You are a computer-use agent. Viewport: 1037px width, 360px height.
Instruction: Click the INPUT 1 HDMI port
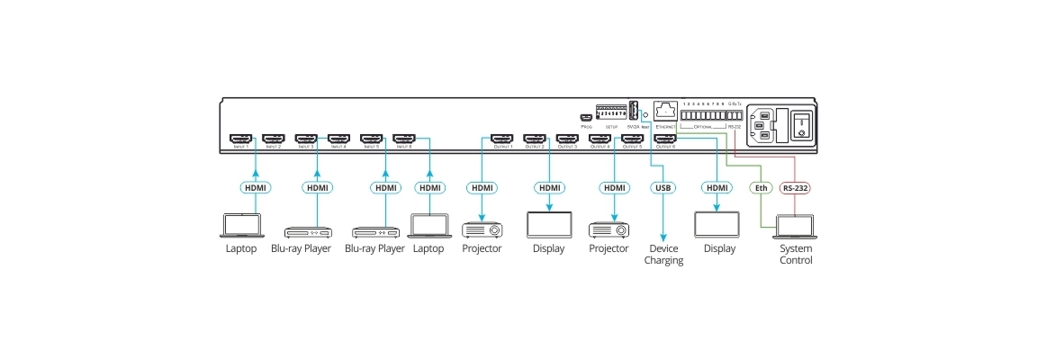(240, 139)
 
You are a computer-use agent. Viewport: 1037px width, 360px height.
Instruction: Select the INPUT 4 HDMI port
(338, 139)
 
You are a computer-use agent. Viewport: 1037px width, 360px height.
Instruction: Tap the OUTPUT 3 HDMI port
(567, 139)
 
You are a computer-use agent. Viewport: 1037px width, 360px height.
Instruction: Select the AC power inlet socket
(759, 125)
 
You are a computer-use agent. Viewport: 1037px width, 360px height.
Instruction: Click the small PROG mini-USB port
(585, 118)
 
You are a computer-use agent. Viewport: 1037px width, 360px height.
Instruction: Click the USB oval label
(662, 188)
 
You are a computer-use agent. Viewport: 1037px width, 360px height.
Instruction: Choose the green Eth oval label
(761, 188)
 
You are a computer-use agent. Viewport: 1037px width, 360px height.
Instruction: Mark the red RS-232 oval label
(795, 188)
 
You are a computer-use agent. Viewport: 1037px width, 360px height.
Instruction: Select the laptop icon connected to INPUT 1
(241, 225)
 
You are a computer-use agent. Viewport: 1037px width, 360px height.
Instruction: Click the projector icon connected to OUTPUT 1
(482, 229)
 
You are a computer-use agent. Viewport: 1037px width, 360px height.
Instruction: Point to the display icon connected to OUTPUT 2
(548, 224)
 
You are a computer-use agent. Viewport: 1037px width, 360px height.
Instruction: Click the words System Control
(796, 255)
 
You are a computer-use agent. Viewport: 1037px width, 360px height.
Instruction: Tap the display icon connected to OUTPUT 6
(717, 224)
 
